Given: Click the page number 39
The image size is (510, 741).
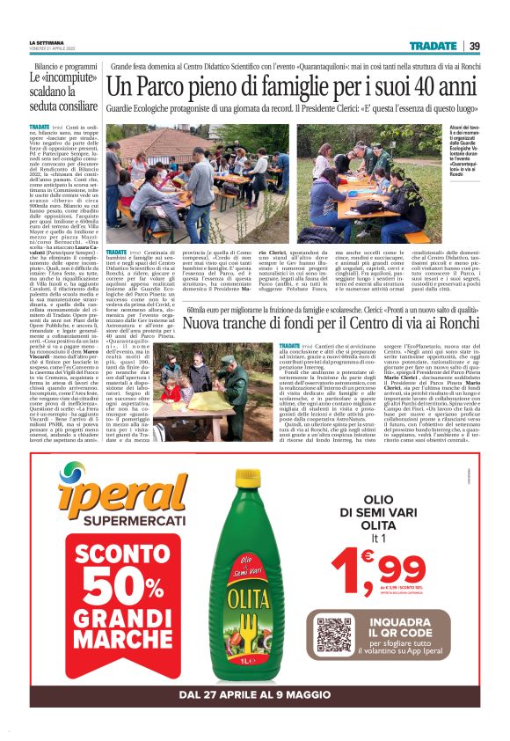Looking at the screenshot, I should click(x=474, y=46).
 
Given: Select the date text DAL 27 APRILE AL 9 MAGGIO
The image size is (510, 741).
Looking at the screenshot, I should click(x=254, y=694).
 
